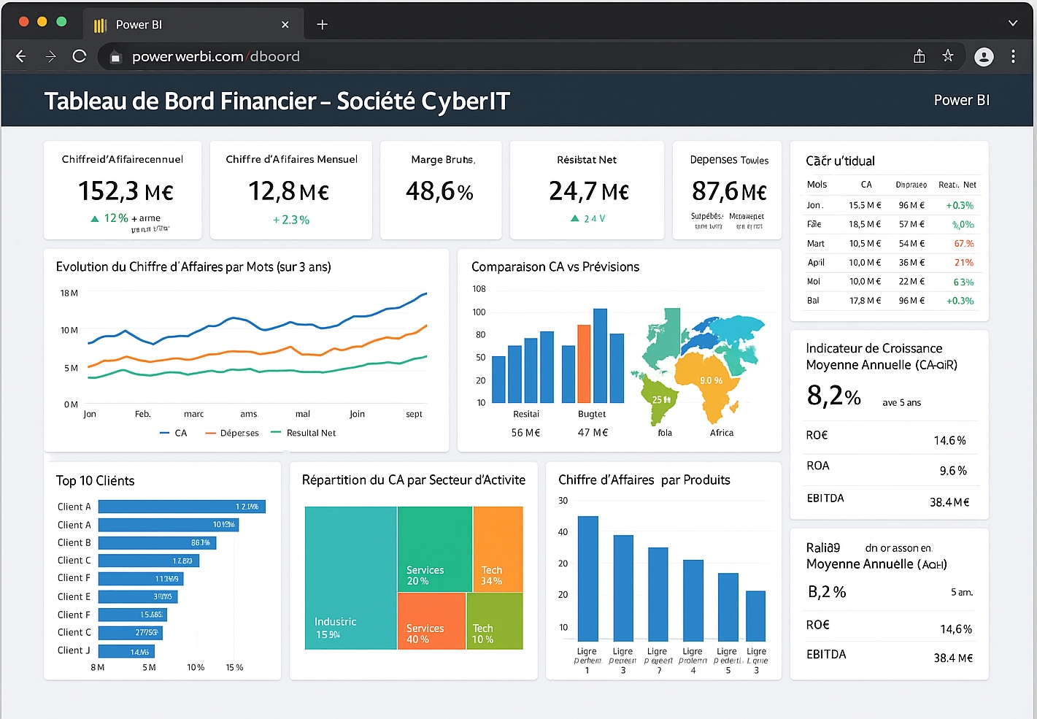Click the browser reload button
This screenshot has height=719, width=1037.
pyautogui.click(x=80, y=56)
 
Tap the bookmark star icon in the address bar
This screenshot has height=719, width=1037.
pyautogui.click(x=947, y=56)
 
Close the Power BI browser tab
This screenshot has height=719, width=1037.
pyautogui.click(x=285, y=25)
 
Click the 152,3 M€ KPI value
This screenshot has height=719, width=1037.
pyautogui.click(x=126, y=191)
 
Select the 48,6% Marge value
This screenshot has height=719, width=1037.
pyautogui.click(x=439, y=191)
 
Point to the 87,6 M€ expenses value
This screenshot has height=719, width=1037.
pyautogui.click(x=728, y=191)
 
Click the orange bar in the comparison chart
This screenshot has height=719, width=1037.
pyautogui.click(x=584, y=364)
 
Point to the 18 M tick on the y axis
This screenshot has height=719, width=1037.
pyautogui.click(x=69, y=293)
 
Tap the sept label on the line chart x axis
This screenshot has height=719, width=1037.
pyautogui.click(x=414, y=414)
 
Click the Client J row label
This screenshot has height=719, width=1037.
pyautogui.click(x=74, y=650)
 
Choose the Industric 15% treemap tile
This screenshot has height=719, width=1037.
pyautogui.click(x=350, y=577)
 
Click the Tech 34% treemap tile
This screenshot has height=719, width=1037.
pyautogui.click(x=498, y=548)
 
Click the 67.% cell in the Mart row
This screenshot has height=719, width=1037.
pyautogui.click(x=963, y=244)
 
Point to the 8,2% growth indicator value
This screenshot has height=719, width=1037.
pyautogui.click(x=833, y=396)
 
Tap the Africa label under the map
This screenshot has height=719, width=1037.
pyautogui.click(x=721, y=433)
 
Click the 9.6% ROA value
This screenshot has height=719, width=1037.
pyautogui.click(x=952, y=472)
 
